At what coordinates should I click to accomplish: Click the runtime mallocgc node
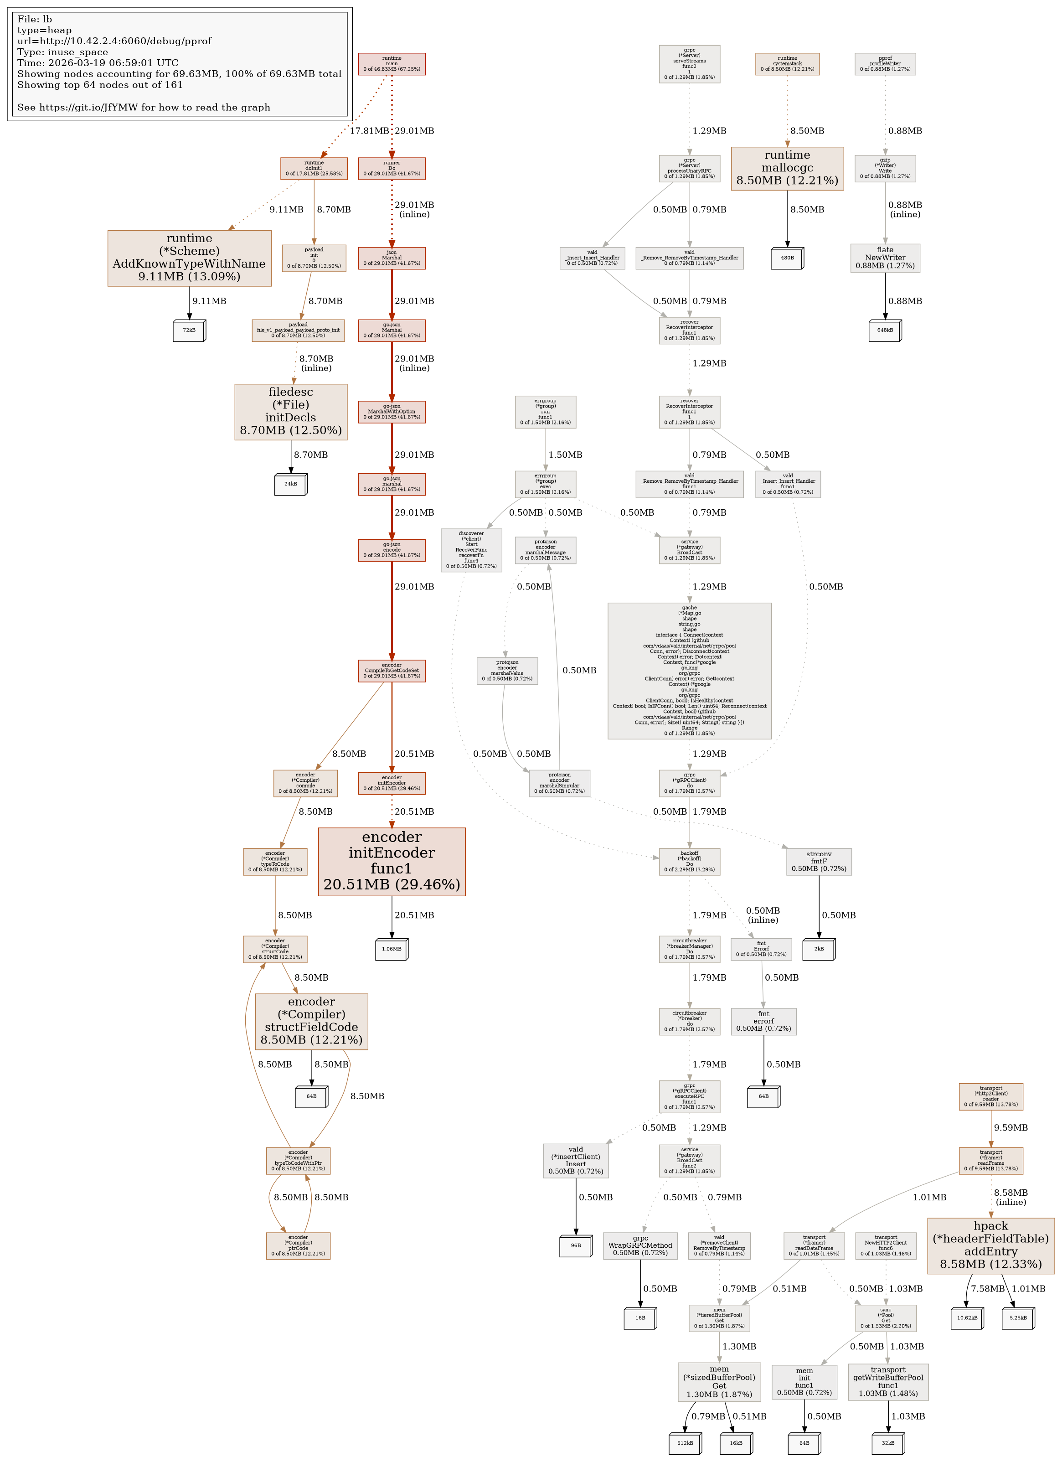pos(787,168)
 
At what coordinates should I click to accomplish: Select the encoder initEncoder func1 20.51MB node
pos(392,861)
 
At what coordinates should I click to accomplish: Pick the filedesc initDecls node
pos(291,411)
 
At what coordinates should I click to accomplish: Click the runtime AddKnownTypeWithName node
pos(190,258)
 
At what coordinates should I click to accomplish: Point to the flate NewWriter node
pos(884,258)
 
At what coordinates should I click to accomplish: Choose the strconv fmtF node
pos(818,862)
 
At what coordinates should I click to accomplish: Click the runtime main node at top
pos(392,64)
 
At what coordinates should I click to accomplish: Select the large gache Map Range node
pos(689,670)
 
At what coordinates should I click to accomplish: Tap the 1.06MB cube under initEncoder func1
pos(391,949)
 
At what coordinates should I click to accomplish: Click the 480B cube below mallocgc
pos(787,258)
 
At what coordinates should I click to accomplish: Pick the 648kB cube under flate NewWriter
pos(884,330)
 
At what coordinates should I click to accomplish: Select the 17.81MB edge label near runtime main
pos(369,131)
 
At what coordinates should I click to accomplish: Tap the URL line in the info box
pos(113,41)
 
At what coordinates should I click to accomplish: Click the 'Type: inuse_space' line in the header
pos(62,52)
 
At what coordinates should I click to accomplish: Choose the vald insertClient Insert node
pos(575,1160)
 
